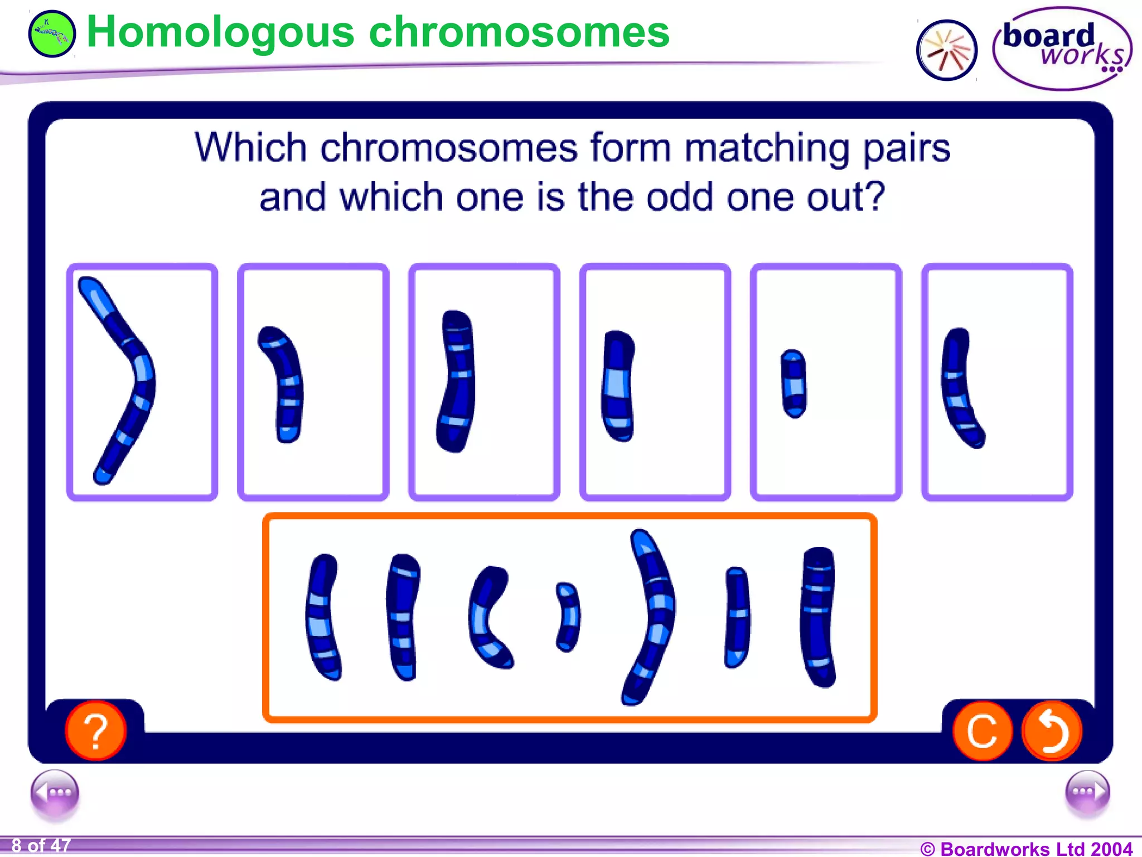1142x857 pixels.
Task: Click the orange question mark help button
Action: [x=95, y=730]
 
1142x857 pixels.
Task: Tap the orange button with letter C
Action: [x=982, y=730]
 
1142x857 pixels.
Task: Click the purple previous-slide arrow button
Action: [x=55, y=793]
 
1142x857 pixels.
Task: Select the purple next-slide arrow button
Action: [x=1087, y=793]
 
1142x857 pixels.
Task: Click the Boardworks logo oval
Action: [x=1062, y=49]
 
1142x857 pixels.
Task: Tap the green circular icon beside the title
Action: [x=51, y=33]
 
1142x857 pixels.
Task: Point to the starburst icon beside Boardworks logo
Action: [x=946, y=50]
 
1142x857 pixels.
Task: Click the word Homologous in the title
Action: [x=220, y=32]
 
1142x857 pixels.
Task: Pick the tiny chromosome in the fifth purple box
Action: [x=794, y=383]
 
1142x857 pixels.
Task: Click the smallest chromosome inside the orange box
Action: [x=568, y=617]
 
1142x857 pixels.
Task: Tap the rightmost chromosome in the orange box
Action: [x=818, y=617]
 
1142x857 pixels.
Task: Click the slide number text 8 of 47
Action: [x=41, y=846]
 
